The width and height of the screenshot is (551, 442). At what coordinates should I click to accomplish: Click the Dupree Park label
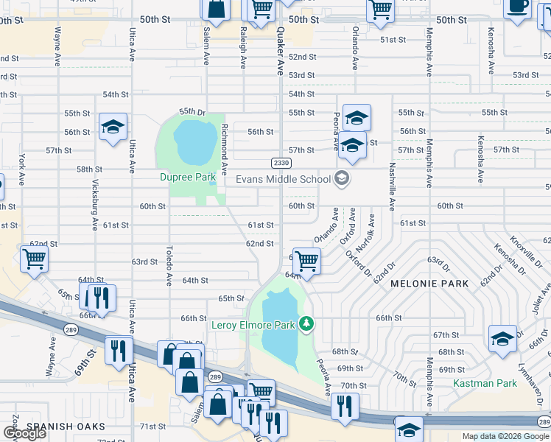(188, 178)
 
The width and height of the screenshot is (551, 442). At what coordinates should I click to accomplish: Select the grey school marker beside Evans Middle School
(341, 178)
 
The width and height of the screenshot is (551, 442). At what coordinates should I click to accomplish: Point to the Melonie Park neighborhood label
(429, 284)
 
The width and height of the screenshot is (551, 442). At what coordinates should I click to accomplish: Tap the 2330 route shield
(281, 163)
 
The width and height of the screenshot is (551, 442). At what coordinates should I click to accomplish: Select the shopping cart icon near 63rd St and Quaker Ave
(306, 260)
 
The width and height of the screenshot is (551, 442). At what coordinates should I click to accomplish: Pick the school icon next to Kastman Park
(502, 338)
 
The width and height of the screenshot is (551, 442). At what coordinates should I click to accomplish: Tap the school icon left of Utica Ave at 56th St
(113, 127)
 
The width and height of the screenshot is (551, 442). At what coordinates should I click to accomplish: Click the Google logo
(24, 433)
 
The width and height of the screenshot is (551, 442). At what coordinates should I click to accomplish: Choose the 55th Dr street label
(192, 111)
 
